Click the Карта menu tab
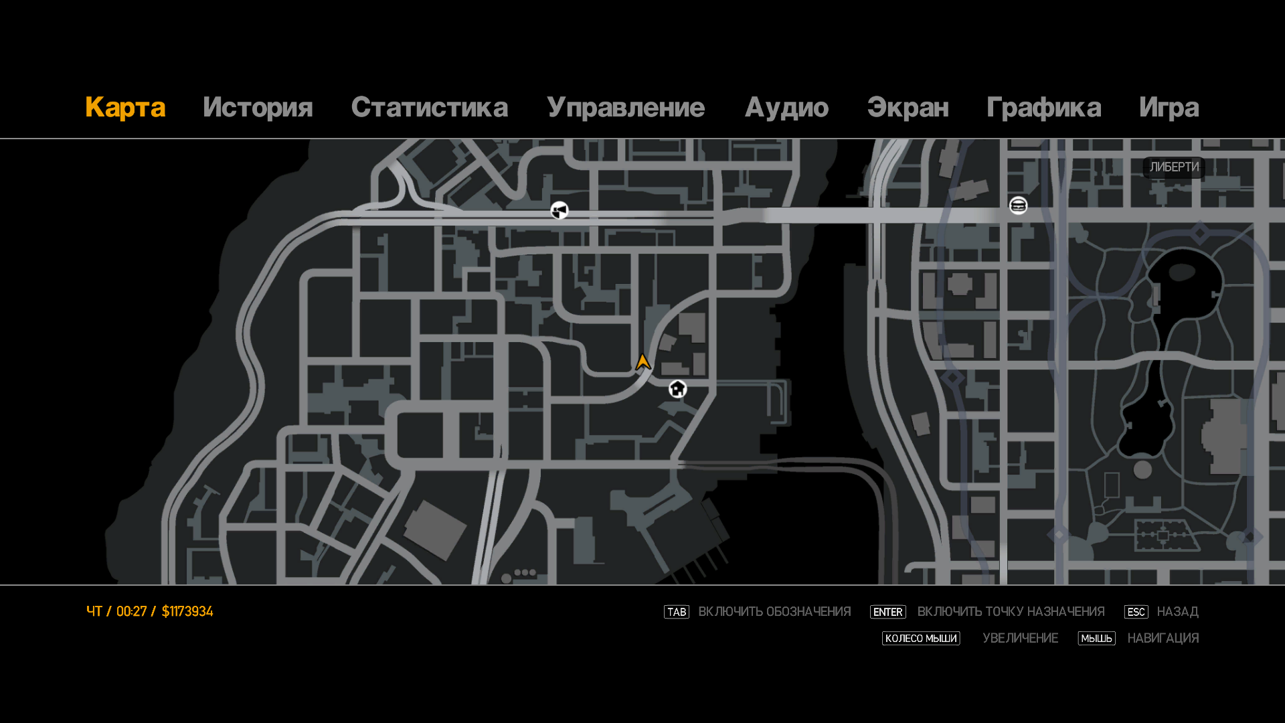point(125,108)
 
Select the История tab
point(258,108)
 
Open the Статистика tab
point(429,108)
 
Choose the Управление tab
point(625,108)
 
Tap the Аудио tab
point(786,108)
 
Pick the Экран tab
point(908,108)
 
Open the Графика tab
point(1043,108)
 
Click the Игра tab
point(1169,108)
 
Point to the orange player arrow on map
point(643,362)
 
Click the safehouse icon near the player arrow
point(677,388)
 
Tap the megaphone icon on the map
point(560,211)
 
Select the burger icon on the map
point(1018,206)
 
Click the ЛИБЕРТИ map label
point(1174,167)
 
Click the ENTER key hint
point(887,612)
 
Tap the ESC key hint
point(1136,612)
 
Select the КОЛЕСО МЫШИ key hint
point(920,639)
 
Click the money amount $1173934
point(187,611)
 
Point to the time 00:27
point(131,611)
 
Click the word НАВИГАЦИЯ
point(1163,639)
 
